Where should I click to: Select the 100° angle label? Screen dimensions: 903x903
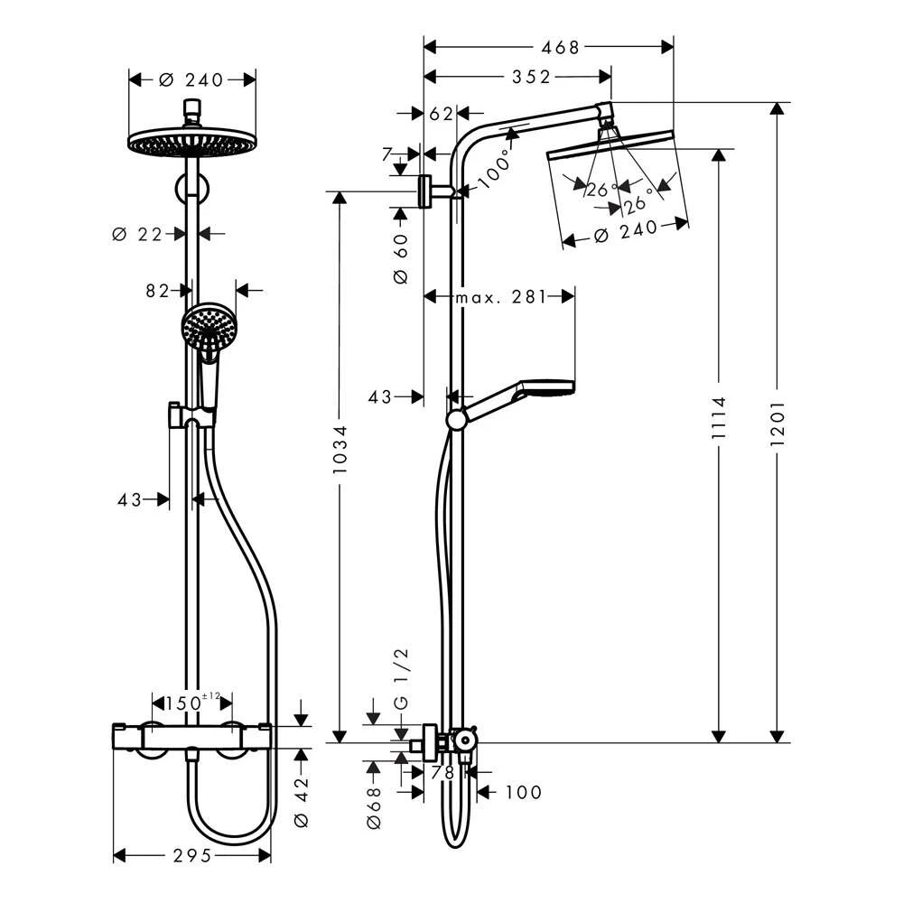click(x=494, y=168)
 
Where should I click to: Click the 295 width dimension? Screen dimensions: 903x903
click(x=191, y=855)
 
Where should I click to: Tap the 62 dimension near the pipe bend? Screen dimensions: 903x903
click(x=442, y=114)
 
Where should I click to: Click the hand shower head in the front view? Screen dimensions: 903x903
click(x=207, y=326)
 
